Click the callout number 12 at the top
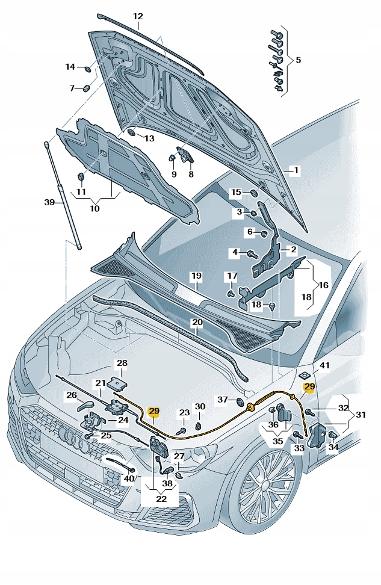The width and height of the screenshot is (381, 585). [138, 16]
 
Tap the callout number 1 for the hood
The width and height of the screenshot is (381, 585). [296, 170]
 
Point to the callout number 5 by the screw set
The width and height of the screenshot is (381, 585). [298, 60]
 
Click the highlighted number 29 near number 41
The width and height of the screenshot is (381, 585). [309, 387]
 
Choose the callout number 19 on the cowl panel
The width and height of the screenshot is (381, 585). [196, 276]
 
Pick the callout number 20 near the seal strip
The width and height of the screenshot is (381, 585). [197, 323]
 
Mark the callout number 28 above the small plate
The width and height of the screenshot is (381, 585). [122, 364]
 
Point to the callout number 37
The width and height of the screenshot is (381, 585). [222, 400]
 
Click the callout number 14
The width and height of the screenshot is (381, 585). [70, 67]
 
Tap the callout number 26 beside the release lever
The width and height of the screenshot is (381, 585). [72, 395]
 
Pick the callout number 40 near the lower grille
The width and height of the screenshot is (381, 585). [128, 479]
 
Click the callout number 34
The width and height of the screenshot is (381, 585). [333, 447]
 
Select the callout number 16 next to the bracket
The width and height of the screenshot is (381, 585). [324, 285]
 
